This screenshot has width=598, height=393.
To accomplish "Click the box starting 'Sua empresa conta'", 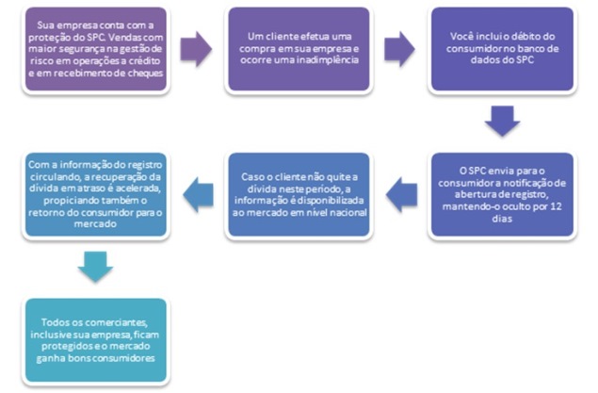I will point(96,49).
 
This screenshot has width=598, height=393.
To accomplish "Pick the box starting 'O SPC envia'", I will point(502,194).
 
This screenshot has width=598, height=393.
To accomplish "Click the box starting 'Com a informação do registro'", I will point(96,194).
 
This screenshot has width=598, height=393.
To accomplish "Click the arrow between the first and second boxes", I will point(196,48).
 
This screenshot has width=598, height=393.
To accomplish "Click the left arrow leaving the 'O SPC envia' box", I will point(400,193).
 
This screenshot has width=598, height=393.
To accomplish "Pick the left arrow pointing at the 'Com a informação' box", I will point(196,193).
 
